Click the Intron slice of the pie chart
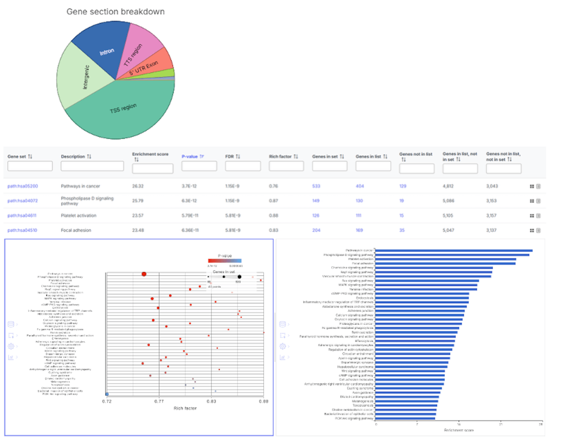107,51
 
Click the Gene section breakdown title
115,11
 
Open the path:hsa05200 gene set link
23,186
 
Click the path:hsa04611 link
23,216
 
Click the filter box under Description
92,166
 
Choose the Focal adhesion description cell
76,230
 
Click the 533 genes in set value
316,186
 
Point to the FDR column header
231,156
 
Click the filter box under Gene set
30,166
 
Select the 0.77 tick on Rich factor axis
159,401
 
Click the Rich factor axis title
185,408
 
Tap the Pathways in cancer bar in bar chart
453,250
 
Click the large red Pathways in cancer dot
144,274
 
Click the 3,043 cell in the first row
493,186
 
